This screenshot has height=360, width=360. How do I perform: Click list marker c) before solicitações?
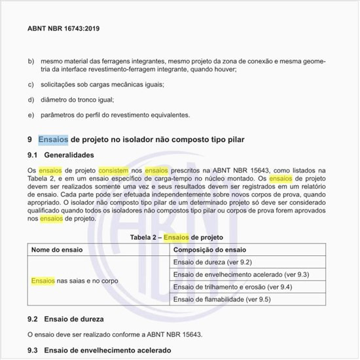tap(31, 84)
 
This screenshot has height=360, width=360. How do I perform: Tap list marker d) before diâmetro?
tap(31, 99)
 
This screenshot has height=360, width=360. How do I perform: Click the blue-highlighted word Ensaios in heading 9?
tap(53, 139)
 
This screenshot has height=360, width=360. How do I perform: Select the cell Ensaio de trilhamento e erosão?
tap(232, 287)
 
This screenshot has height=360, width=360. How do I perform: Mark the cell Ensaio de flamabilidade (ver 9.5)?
tap(219, 299)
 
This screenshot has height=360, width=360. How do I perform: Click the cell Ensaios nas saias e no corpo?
tap(75, 281)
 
